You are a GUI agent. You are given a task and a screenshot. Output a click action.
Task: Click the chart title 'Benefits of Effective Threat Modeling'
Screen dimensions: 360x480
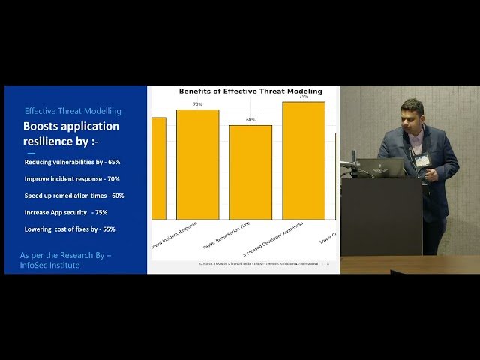point(250,91)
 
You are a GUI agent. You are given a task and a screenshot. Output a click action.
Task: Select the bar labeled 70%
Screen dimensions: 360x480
point(197,164)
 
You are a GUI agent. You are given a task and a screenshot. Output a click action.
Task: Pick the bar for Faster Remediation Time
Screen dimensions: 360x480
point(250,172)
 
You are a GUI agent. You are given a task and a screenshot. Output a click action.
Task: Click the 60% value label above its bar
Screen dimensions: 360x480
point(250,120)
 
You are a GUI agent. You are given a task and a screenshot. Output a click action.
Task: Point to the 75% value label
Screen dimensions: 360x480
point(303,97)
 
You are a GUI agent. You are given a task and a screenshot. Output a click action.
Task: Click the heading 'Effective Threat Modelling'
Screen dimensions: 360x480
point(73,111)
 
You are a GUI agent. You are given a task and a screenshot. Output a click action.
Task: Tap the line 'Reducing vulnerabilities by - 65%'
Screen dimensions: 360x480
point(72,162)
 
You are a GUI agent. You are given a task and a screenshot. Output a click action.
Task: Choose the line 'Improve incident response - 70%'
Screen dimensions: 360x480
point(72,179)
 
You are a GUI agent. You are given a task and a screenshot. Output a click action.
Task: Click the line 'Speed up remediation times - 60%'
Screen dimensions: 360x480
point(74,196)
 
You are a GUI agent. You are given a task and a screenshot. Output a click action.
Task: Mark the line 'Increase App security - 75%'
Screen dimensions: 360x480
point(66,212)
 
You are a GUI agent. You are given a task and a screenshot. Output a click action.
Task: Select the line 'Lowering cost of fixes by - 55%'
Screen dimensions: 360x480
point(70,229)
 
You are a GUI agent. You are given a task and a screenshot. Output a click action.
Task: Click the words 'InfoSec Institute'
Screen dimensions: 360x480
point(49,265)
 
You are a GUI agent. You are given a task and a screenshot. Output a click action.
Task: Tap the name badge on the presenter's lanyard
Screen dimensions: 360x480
point(423,160)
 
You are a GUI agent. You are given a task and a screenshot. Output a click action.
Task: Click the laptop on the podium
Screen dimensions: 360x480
point(387,167)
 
